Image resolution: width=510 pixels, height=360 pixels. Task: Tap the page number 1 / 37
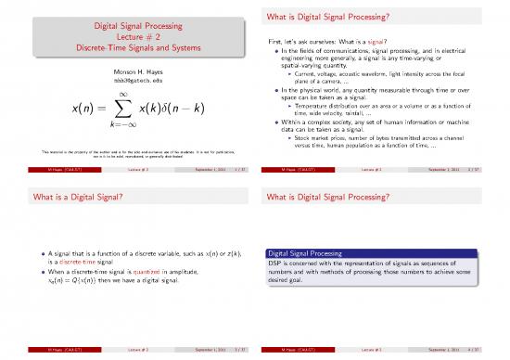coord(236,170)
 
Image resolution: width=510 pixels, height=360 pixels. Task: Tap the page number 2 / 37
coord(491,170)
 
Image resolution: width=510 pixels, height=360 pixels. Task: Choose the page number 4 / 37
coord(491,350)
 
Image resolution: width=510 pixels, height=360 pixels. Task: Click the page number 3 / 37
coord(236,350)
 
